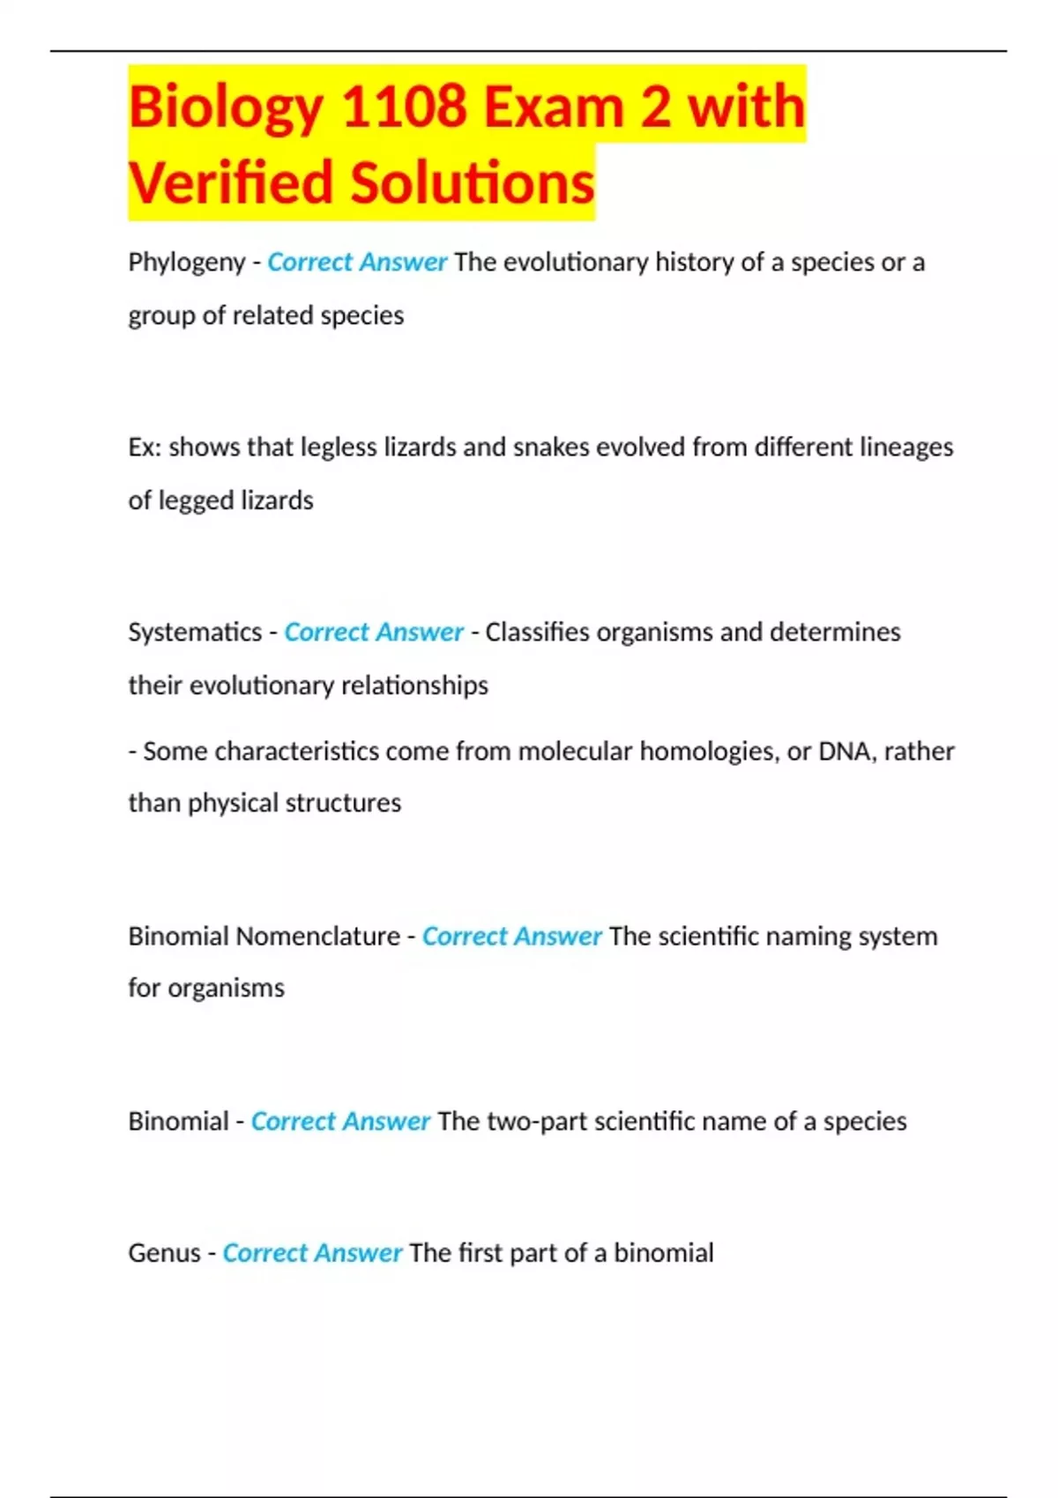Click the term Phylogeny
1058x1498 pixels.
186,263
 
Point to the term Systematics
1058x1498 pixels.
195,632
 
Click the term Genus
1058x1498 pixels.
164,1252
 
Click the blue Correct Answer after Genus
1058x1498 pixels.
312,1252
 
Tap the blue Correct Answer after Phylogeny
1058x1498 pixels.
357,263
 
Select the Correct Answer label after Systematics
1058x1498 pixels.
374,632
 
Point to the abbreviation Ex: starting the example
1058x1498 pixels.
145,447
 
